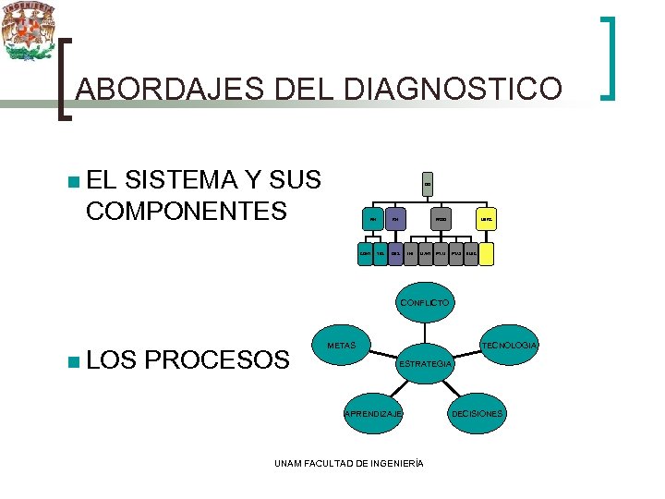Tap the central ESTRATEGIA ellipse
[x=424, y=364]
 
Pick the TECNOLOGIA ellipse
[x=507, y=346]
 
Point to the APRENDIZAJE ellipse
[x=373, y=414]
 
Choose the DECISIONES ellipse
[x=477, y=413]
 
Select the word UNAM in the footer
[x=290, y=463]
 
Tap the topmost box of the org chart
[x=428, y=185]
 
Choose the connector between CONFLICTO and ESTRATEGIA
[x=424, y=332]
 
